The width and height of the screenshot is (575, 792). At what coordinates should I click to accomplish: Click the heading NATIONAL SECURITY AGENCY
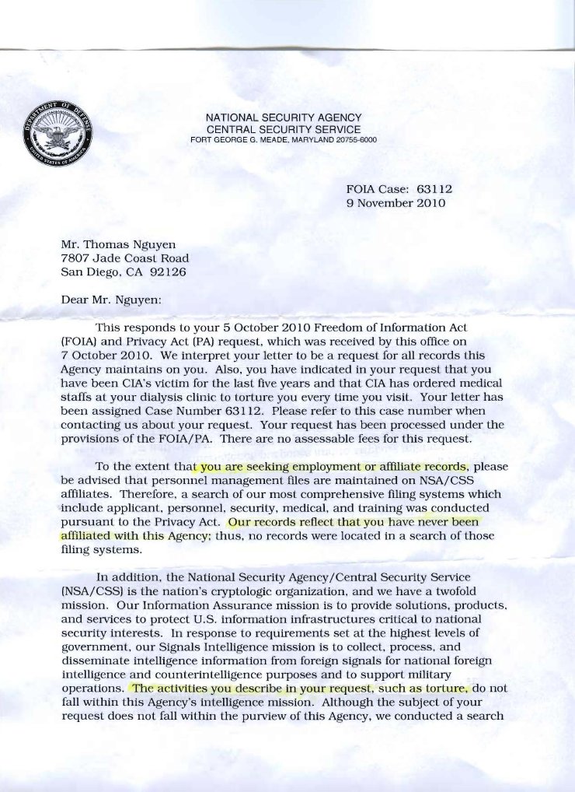point(283,117)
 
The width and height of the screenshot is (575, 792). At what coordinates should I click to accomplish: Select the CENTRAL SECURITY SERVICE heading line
point(283,128)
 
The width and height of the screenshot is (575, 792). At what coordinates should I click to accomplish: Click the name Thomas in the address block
point(107,243)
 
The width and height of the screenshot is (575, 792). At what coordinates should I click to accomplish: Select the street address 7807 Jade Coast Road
point(124,258)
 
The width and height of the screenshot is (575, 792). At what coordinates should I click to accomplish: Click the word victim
point(169,384)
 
